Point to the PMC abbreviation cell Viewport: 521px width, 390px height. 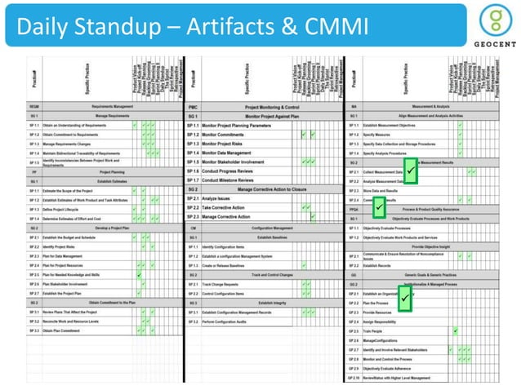point(193,107)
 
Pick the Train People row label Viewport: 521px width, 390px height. point(381,332)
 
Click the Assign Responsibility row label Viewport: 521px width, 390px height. point(388,322)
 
